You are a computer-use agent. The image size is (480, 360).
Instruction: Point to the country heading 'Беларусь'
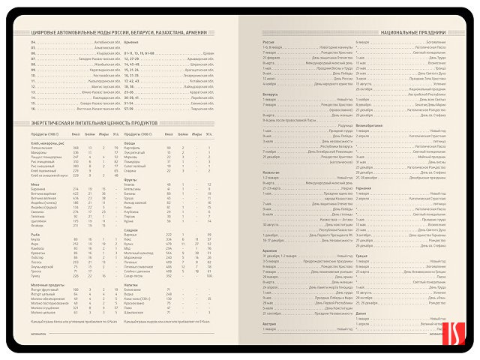pos(271,94)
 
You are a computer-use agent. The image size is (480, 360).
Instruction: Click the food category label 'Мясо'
pos(35,184)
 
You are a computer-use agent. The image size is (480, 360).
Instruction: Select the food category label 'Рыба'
pos(35,234)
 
